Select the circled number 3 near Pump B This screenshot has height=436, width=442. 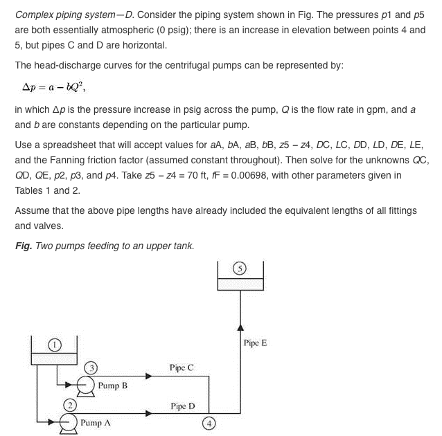tap(89, 367)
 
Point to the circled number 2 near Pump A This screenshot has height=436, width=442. tap(69, 403)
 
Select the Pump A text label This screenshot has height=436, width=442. tap(96, 421)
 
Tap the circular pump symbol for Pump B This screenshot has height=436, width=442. tap(86, 384)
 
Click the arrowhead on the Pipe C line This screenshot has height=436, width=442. tap(149, 377)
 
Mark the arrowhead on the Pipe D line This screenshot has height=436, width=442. tap(149, 414)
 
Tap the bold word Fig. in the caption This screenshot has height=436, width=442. tap(23, 246)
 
